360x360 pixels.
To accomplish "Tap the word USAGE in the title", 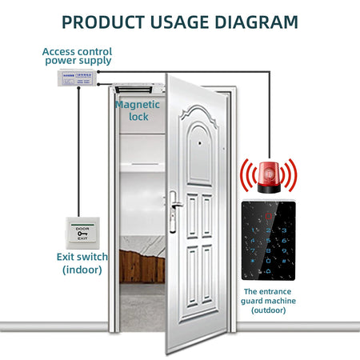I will (x=179, y=21).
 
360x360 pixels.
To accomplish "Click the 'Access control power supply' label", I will (x=78, y=55).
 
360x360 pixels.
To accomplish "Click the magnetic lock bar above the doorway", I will (x=133, y=88).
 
